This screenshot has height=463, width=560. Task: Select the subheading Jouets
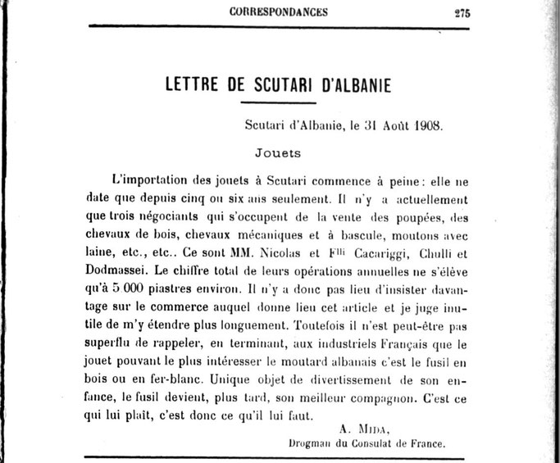click(279, 152)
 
